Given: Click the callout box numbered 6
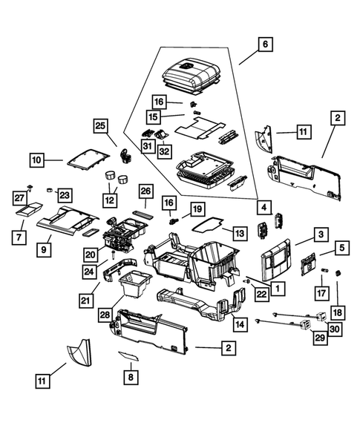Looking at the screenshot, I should click(264, 45).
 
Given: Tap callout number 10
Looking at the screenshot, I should click(38, 158).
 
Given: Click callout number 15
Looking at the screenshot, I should click(154, 117).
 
